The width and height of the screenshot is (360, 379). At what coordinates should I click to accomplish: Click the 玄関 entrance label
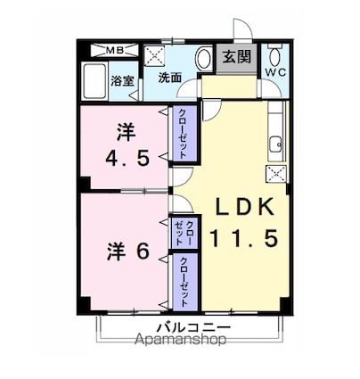pyautogui.click(x=237, y=57)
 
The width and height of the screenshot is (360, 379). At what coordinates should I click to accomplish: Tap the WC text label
pyautogui.click(x=275, y=72)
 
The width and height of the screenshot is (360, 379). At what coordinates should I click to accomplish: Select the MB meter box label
pyautogui.click(x=114, y=51)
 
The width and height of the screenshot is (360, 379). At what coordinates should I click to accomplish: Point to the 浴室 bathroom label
pyautogui.click(x=122, y=81)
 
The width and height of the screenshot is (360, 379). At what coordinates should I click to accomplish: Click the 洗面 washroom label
pyautogui.click(x=169, y=78)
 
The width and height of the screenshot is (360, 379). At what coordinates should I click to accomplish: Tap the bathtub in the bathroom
pyautogui.click(x=94, y=82)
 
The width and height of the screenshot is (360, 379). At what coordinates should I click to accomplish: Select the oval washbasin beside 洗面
pyautogui.click(x=203, y=59)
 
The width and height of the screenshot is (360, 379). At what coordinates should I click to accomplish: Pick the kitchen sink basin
pyautogui.click(x=276, y=144)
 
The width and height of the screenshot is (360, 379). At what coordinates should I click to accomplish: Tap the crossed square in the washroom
pyautogui.click(x=154, y=55)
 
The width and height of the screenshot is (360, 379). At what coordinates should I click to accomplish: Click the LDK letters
pyautogui.click(x=244, y=207)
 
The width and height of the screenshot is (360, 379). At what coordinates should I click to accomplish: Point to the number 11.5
pyautogui.click(x=244, y=238)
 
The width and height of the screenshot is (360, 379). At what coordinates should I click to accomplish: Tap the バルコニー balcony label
pyautogui.click(x=193, y=328)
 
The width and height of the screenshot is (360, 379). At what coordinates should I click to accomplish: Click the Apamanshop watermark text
pyautogui.click(x=180, y=339)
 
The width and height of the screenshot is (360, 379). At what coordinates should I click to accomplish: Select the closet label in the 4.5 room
pyautogui.click(x=184, y=134)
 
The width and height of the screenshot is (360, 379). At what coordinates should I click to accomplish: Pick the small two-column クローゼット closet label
pyautogui.click(x=184, y=234)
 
